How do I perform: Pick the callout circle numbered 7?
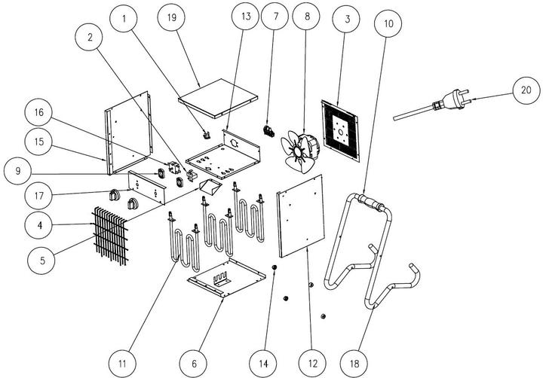(275, 17)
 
